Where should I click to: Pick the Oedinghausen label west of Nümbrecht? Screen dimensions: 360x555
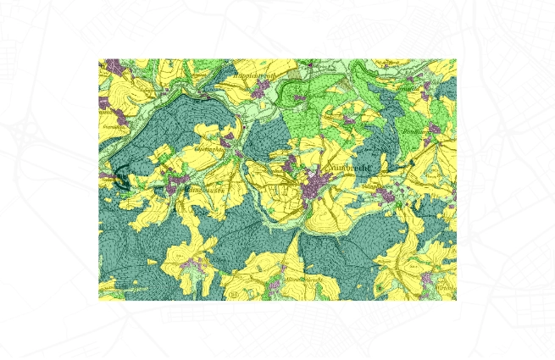click(x=214, y=147)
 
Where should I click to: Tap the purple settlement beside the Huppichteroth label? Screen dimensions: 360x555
click(x=298, y=98)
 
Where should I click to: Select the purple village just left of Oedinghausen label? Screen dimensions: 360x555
click(x=227, y=140)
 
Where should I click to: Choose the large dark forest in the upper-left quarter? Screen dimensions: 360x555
click(x=182, y=110)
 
